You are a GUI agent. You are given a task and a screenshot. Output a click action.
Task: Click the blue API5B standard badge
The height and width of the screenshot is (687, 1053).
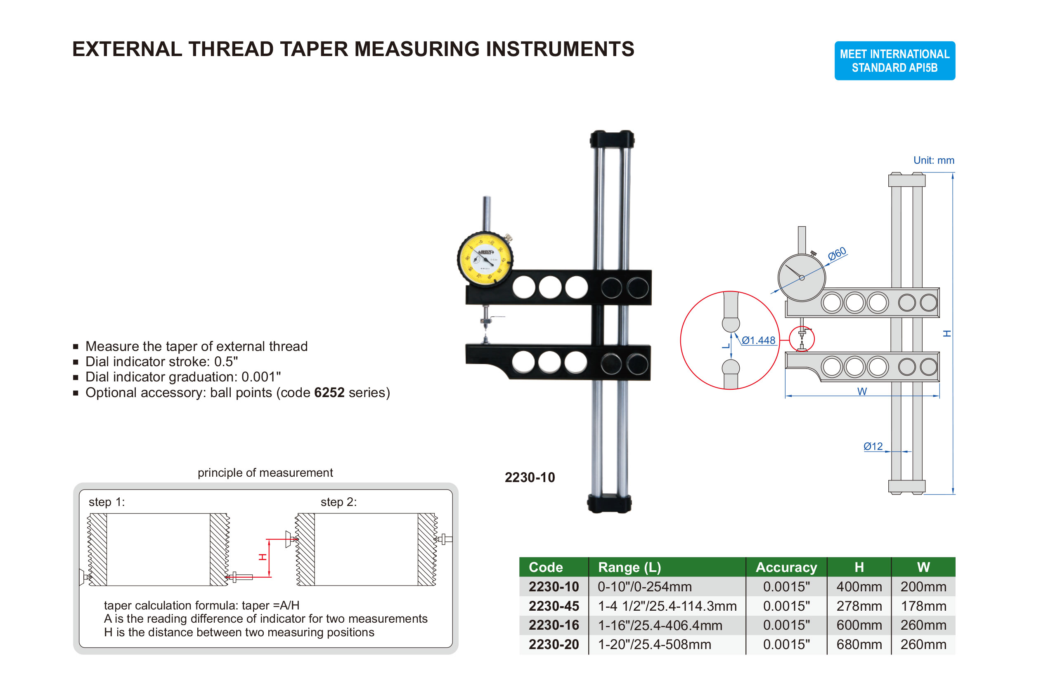pyautogui.click(x=894, y=61)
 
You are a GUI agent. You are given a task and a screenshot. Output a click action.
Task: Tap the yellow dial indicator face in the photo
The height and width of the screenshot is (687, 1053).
pyautogui.click(x=485, y=259)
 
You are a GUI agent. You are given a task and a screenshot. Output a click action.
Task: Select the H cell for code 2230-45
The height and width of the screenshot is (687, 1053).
pyautogui.click(x=859, y=606)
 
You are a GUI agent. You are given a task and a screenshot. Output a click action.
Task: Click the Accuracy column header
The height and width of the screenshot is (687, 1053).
pyautogui.click(x=786, y=567)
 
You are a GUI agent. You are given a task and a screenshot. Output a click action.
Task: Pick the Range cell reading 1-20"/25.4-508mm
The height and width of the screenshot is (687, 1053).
pyautogui.click(x=654, y=645)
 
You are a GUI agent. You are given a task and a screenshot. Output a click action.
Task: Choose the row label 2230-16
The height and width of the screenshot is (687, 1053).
pyautogui.click(x=554, y=625)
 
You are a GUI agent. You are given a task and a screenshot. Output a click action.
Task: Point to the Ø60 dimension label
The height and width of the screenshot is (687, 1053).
pyautogui.click(x=837, y=254)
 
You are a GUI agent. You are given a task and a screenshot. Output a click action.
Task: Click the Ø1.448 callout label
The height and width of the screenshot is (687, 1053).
pyautogui.click(x=758, y=340)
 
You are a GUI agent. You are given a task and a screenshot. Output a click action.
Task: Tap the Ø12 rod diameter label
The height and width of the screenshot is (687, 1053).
pyautogui.click(x=873, y=447)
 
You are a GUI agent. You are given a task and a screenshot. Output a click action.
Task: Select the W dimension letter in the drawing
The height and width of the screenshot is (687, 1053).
pyautogui.click(x=862, y=391)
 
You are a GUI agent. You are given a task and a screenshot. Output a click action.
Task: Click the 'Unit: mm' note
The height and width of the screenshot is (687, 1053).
pyautogui.click(x=934, y=160)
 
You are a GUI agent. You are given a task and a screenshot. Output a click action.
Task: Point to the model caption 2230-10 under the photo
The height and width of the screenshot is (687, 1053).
pyautogui.click(x=530, y=478)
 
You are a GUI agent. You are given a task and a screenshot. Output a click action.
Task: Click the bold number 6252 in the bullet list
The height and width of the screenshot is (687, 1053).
pyautogui.click(x=329, y=393)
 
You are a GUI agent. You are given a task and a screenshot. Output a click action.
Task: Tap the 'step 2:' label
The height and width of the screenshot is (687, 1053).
pyautogui.click(x=338, y=502)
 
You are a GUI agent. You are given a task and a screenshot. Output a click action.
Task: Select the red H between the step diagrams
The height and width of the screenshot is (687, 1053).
pyautogui.click(x=263, y=557)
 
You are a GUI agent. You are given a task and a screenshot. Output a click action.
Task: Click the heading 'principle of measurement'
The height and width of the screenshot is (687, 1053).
pyautogui.click(x=265, y=473)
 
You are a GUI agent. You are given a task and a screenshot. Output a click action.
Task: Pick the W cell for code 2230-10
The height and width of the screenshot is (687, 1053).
pyautogui.click(x=923, y=587)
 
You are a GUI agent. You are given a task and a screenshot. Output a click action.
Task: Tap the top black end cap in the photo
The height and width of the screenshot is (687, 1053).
pyautogui.click(x=612, y=139)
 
